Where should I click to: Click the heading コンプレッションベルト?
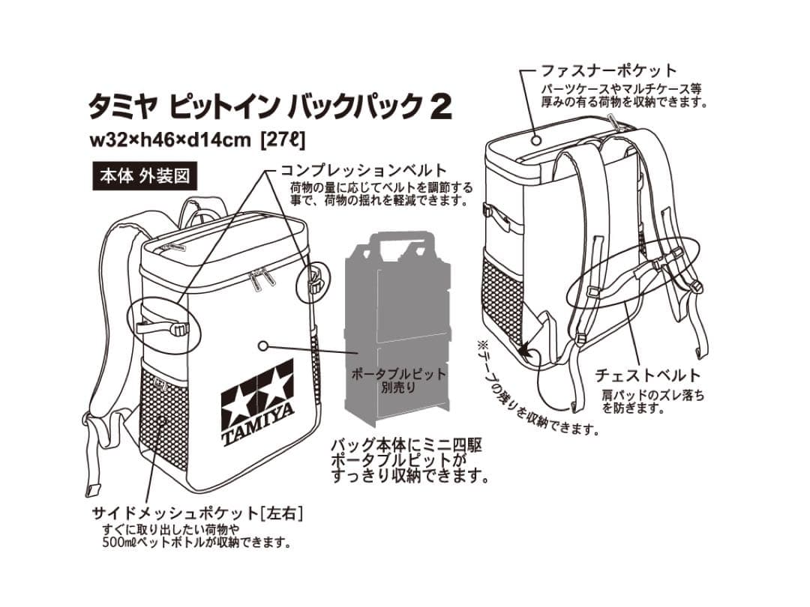point(363,170)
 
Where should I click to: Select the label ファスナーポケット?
point(609,72)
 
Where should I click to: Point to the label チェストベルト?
point(647,375)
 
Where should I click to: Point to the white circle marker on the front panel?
point(262,345)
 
